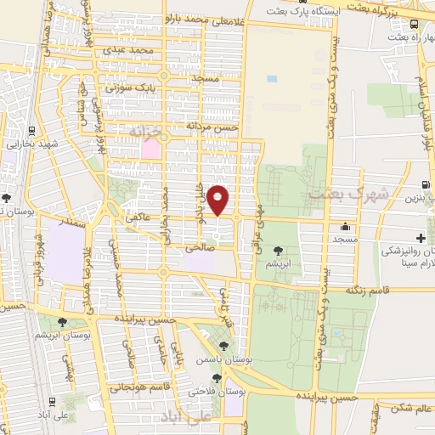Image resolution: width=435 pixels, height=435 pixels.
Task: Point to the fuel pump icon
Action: pos(423,184)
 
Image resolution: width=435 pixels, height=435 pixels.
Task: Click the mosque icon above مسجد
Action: pos(345,227)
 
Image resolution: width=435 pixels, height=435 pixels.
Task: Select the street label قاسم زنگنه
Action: pos(372,291)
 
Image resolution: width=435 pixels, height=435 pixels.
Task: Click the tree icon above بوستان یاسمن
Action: pos(223,346)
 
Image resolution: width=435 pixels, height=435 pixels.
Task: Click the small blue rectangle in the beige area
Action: pos(272,79)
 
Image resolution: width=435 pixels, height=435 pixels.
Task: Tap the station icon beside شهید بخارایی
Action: pos(31,131)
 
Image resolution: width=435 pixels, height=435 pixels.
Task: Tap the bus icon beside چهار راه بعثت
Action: pos(414,25)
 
